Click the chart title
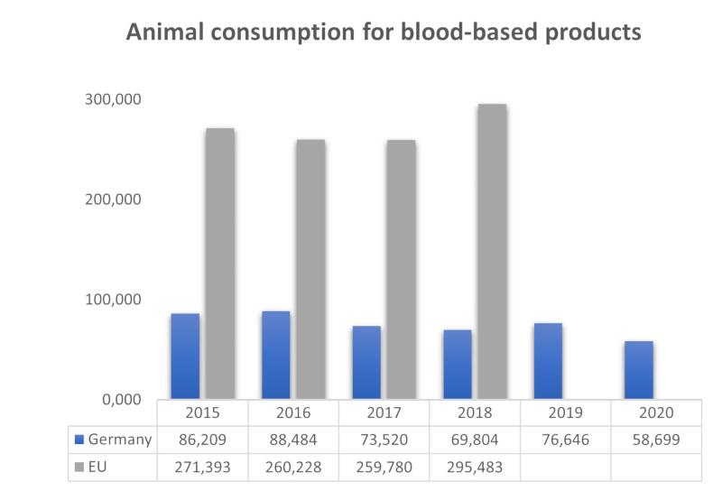click(x=383, y=32)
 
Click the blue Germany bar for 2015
click(x=184, y=356)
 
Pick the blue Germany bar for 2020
click(x=637, y=369)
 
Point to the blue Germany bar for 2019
click(x=547, y=360)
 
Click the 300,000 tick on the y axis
click(x=115, y=99)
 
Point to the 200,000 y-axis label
click(x=115, y=199)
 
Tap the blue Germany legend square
click(x=79, y=440)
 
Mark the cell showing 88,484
click(x=294, y=440)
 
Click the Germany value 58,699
click(x=654, y=440)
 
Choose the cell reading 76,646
click(x=565, y=440)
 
